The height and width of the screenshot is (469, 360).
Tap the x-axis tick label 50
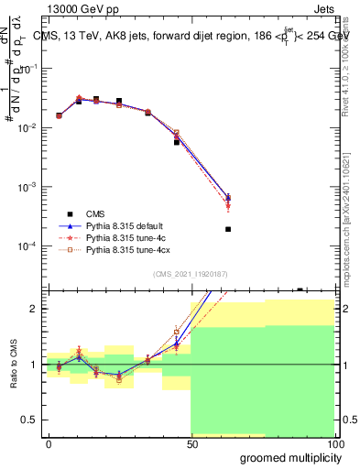(191, 443)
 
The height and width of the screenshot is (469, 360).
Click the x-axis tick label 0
(49, 443)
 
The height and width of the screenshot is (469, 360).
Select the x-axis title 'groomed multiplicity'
(287, 457)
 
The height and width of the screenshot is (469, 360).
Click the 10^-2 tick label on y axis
(28, 128)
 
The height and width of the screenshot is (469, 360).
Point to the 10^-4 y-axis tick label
(28, 246)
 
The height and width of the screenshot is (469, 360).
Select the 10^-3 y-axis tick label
(28, 187)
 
